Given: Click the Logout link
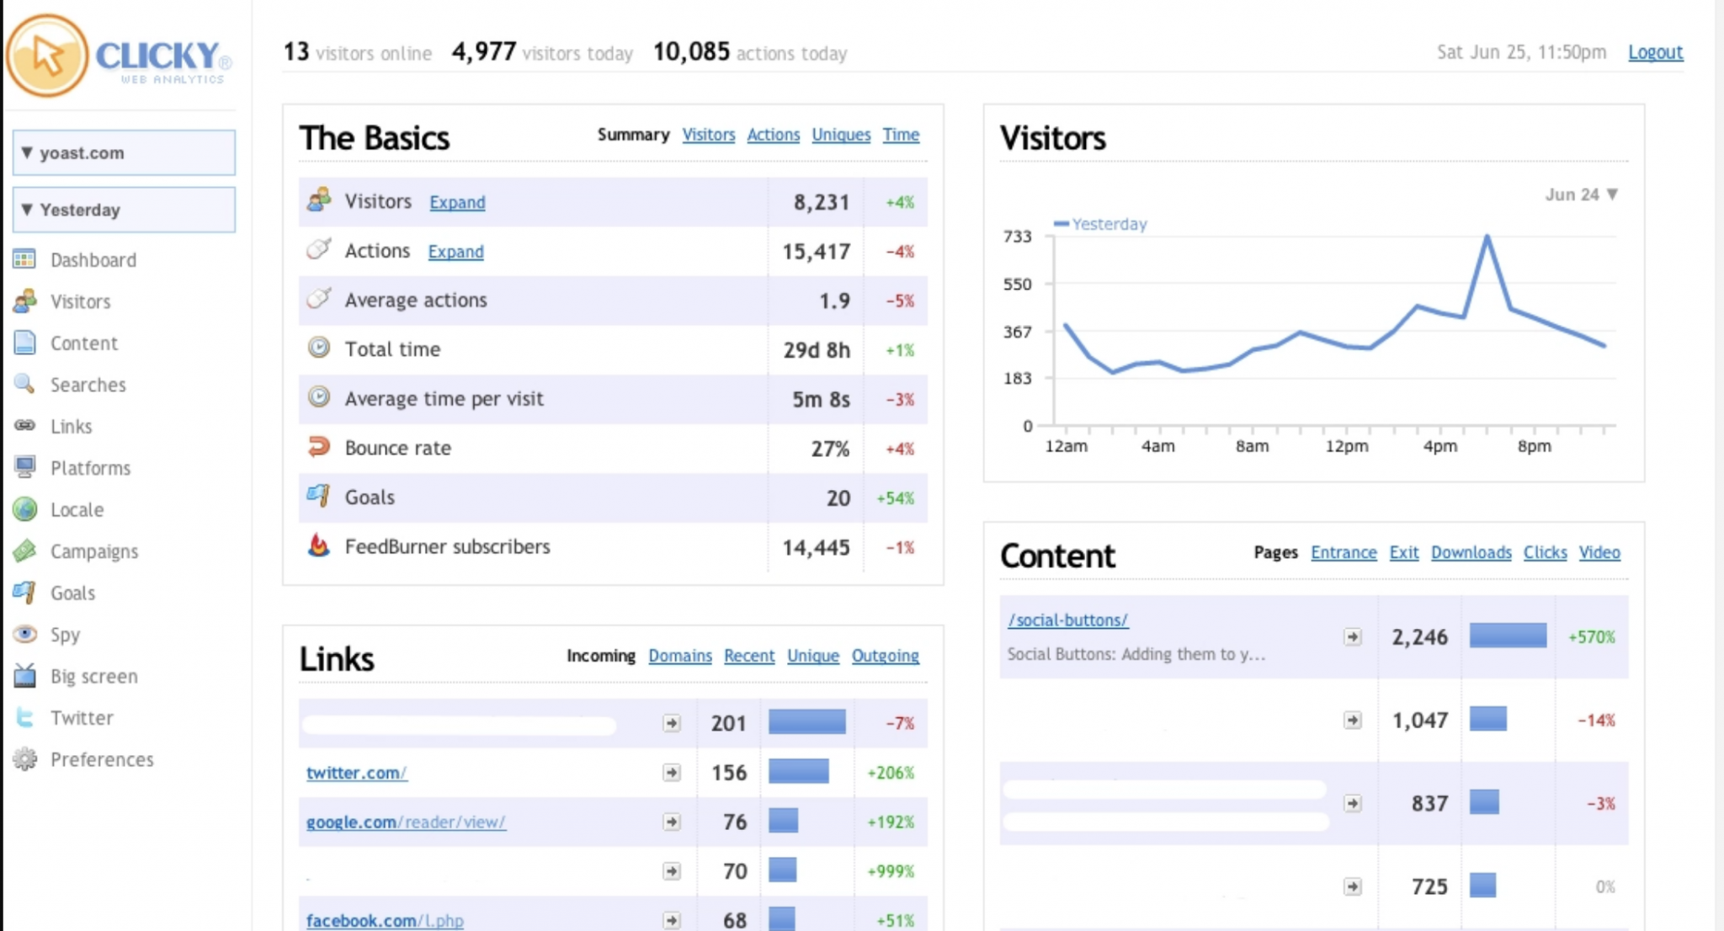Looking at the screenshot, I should (1654, 52).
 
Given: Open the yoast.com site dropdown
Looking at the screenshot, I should (124, 152).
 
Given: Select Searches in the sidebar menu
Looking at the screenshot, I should (88, 385).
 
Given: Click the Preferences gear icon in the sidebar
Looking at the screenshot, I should (25, 759).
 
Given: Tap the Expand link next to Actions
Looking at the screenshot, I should (455, 252).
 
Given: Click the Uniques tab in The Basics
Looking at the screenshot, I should (840, 135).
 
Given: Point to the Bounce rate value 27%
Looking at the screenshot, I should (829, 449).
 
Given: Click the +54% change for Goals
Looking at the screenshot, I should (895, 498).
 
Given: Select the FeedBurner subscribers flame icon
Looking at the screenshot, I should (318, 545).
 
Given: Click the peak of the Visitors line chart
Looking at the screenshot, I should (1487, 237).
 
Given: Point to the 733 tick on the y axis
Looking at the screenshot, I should (1017, 237).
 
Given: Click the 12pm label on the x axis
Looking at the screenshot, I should (1346, 446).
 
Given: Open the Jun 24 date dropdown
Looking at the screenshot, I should (1581, 194).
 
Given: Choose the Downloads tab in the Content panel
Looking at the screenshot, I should (1471, 552).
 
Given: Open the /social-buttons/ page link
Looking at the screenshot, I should (1067, 620).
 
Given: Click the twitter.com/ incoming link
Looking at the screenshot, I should (356, 773).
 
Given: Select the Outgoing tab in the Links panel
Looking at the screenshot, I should (885, 656).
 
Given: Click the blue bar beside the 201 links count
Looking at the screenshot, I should (806, 722).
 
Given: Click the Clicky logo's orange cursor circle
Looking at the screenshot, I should (47, 56).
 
